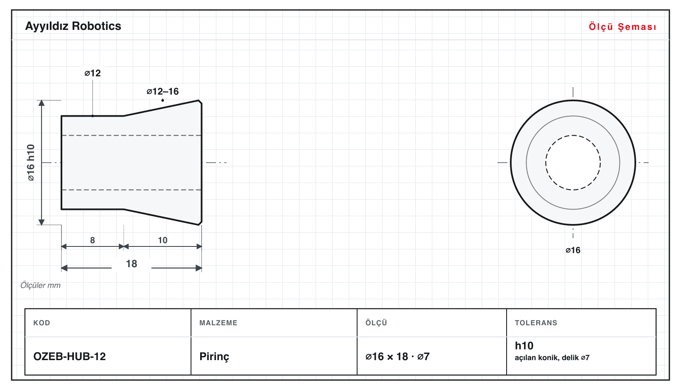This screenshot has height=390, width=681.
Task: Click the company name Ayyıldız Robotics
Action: (x=73, y=26)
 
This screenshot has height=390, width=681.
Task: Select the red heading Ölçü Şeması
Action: (x=622, y=27)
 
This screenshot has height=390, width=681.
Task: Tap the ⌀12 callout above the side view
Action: (x=93, y=73)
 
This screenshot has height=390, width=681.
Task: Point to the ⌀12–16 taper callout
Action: (x=163, y=91)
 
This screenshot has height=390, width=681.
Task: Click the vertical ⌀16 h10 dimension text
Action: (x=31, y=163)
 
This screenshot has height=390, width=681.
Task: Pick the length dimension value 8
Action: (x=93, y=240)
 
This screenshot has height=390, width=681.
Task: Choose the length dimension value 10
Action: (x=163, y=240)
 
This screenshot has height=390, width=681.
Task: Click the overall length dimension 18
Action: (x=131, y=263)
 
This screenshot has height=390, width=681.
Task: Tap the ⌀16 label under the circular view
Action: (x=573, y=250)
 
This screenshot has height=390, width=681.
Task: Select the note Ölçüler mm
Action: (x=40, y=285)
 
